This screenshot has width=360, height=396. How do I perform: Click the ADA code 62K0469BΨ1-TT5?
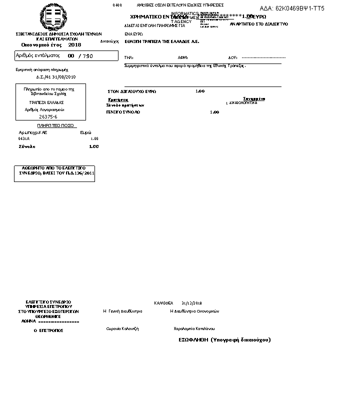pyautogui.click(x=292, y=8)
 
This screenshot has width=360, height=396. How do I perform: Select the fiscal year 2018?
pyautogui.click(x=74, y=44)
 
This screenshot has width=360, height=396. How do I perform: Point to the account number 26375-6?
pyautogui.click(x=48, y=116)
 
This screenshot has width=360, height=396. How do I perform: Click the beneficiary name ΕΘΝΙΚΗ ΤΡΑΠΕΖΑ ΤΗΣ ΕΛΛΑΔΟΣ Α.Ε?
pyautogui.click(x=161, y=41)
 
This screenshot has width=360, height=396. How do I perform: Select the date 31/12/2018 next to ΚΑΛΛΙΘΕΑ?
pyautogui.click(x=191, y=303)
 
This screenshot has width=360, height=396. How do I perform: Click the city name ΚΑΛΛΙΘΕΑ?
pyautogui.click(x=163, y=303)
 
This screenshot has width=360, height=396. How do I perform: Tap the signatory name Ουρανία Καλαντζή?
pyautogui.click(x=122, y=328)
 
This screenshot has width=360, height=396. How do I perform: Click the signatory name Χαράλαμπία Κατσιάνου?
pyautogui.click(x=194, y=328)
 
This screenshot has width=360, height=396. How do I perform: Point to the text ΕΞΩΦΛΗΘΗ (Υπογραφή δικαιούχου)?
pyautogui.click(x=224, y=339)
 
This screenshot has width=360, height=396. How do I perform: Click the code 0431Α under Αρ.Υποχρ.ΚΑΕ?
pyautogui.click(x=24, y=138)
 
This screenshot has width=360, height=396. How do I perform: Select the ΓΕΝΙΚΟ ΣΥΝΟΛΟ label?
pyautogui.click(x=123, y=112)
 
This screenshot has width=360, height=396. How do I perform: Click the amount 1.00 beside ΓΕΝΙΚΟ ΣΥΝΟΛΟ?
pyautogui.click(x=214, y=112)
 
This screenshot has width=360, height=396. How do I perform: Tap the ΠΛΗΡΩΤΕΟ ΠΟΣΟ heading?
pyautogui.click(x=55, y=125)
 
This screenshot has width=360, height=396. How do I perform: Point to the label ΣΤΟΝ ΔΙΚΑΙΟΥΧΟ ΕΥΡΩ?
pyautogui.click(x=132, y=91)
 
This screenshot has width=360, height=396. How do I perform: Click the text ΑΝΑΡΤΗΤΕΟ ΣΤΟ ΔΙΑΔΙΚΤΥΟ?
pyautogui.click(x=258, y=24)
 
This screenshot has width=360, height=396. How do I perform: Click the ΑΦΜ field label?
pyautogui.click(x=182, y=57)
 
